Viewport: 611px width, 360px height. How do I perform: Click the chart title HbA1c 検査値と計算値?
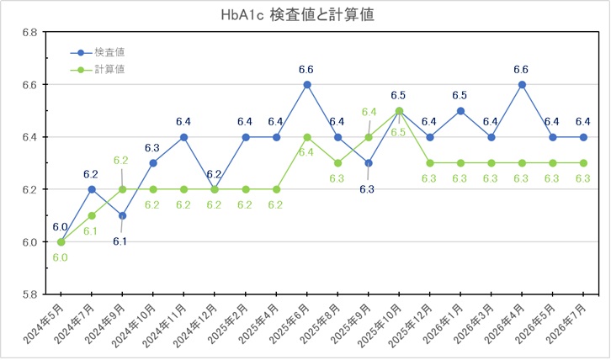coord(298,15)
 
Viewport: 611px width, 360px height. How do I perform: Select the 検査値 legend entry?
coord(98,52)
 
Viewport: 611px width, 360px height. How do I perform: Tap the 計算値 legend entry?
coord(98,70)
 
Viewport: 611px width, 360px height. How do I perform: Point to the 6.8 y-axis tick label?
coord(29,32)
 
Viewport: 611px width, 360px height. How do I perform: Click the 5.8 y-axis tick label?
coord(29,294)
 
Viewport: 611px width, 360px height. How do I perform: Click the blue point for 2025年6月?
coord(307,85)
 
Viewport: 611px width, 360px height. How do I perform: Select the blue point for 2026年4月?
coord(522,85)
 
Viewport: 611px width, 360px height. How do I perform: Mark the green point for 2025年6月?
coord(307,137)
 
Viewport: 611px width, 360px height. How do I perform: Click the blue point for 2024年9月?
coord(123,216)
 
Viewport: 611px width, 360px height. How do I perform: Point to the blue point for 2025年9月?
coord(369,163)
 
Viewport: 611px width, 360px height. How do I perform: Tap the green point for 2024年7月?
coord(92,216)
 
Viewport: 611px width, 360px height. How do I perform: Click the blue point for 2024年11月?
coord(184,137)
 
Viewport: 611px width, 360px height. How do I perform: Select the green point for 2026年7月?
coord(583,163)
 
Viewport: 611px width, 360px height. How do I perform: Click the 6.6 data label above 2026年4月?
coord(521,70)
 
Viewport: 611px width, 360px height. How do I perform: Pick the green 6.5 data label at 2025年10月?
coord(398,132)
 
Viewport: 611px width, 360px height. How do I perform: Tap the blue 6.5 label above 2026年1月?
coord(460,95)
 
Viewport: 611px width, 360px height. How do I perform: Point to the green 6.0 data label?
coord(60,257)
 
